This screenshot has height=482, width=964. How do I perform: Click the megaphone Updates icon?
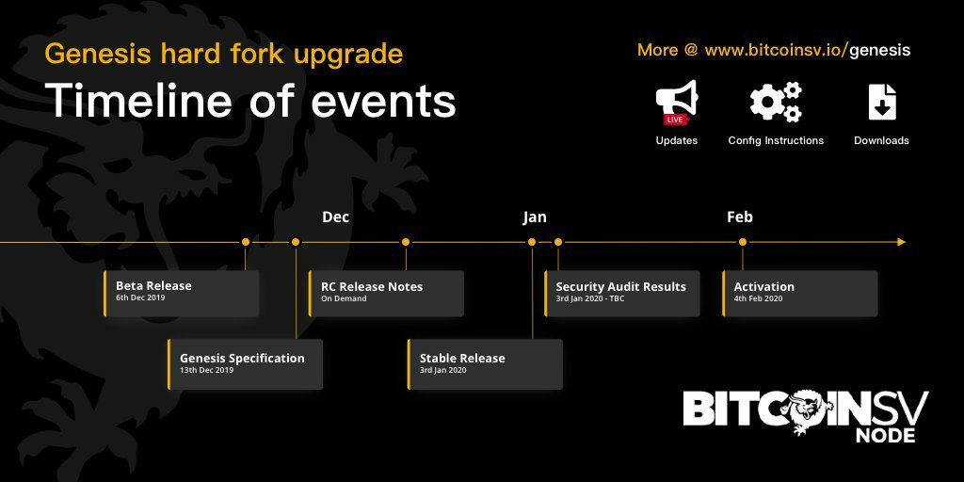[676, 102]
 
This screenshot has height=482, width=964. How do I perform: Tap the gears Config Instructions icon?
[776, 102]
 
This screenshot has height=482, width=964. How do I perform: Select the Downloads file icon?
[881, 102]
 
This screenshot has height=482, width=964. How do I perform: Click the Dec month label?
[336, 217]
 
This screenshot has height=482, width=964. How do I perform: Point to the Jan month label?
[535, 217]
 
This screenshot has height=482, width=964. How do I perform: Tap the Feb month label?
[740, 217]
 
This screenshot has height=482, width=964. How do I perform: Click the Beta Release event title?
[153, 286]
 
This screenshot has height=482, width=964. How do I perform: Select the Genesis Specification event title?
[242, 359]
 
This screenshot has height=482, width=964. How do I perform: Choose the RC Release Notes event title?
[372, 286]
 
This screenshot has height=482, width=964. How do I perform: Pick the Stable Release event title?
[462, 359]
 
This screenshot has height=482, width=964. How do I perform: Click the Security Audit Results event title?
[621, 286]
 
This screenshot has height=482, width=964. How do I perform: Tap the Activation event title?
[764, 286]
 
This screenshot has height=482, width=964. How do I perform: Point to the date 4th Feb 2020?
[758, 298]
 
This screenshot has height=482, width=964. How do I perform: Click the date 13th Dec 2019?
[206, 370]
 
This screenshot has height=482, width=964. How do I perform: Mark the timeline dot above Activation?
[743, 242]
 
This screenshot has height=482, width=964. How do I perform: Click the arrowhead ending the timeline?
[901, 242]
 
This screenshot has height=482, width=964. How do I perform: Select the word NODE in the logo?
[885, 435]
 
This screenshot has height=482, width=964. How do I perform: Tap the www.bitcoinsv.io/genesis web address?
[807, 51]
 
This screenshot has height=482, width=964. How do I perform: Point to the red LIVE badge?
[674, 120]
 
